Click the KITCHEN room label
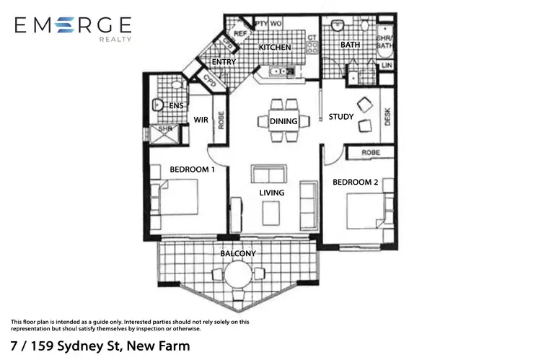[276, 48]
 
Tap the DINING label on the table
[283, 122]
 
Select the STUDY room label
[340, 117]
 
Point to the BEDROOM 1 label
[192, 170]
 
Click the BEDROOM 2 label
[355, 183]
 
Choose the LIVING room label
[272, 193]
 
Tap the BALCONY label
[238, 254]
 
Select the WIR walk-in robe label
[200, 120]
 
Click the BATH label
[351, 45]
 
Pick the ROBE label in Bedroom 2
[371, 153]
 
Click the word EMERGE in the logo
[73, 26]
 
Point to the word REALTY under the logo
[115, 40]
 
